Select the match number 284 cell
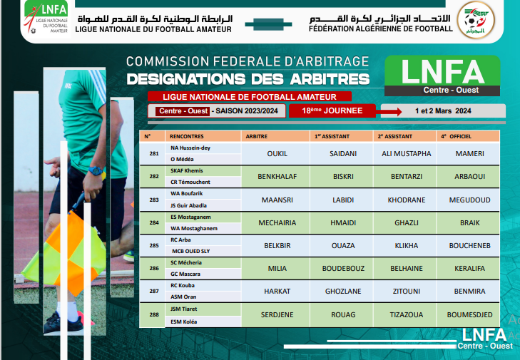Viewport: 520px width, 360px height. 153,222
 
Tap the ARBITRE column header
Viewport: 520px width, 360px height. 257,135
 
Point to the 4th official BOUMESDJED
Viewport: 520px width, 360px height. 469,314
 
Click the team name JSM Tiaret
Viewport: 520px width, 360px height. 184,309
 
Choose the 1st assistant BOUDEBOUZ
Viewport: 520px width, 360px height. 343,268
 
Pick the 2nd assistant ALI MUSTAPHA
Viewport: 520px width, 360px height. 407,153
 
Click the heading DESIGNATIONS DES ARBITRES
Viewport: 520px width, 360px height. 248,78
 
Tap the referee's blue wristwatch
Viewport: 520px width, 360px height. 95,171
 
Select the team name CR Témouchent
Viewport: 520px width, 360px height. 188,182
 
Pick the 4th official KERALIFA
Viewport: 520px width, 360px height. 469,268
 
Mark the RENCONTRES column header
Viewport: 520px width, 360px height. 187,135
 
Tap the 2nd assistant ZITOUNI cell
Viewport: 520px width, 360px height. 407,291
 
